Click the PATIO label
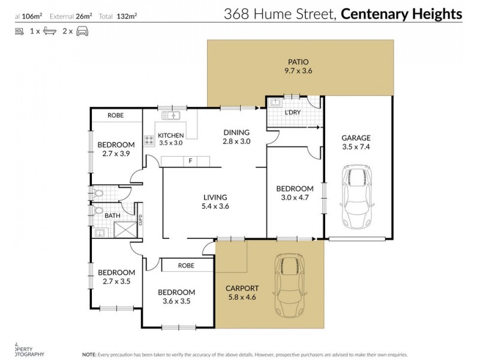coord(299,61)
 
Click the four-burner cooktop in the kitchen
coord(149,141)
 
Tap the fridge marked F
coord(190,160)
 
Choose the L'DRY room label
coord(292,113)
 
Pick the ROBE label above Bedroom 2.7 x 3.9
coord(116,115)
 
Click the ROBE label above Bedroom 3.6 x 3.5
coord(185,265)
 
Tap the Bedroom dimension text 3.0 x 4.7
coord(295,198)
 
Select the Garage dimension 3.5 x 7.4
coord(356,146)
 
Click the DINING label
coord(235,133)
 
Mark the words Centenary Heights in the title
coord(402,14)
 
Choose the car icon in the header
coord(83,29)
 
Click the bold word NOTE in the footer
coord(90,354)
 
